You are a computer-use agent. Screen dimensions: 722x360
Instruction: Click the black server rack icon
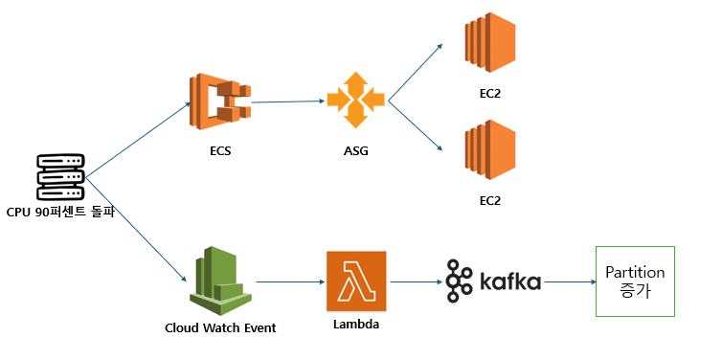tap(60, 177)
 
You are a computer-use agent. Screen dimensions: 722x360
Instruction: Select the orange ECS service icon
tap(220, 101)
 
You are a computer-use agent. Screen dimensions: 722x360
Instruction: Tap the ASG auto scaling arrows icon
tap(356, 100)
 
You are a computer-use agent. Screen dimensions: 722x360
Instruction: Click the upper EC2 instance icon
tap(490, 42)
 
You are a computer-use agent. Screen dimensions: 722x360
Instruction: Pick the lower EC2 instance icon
tap(490, 149)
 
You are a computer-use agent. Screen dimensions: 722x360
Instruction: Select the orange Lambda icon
tap(356, 281)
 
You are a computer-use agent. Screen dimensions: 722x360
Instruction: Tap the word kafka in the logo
tap(510, 281)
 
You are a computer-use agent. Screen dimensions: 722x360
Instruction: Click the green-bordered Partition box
tap(635, 281)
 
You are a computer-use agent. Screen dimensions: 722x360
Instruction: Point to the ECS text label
tap(220, 151)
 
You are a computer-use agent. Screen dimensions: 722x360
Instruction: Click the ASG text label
tap(356, 151)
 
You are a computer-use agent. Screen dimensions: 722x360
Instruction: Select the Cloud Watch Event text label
tap(220, 328)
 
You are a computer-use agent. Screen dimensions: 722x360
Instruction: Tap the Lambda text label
tap(356, 324)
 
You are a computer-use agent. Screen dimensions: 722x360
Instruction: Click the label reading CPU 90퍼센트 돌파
tap(60, 213)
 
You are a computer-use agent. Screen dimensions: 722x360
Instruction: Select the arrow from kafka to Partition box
tap(569, 281)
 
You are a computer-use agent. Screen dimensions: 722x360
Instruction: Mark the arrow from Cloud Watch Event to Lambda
tap(290, 281)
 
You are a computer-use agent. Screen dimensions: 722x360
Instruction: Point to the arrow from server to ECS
tap(138, 140)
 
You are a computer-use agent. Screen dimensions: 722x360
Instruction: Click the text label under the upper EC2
tap(490, 94)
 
